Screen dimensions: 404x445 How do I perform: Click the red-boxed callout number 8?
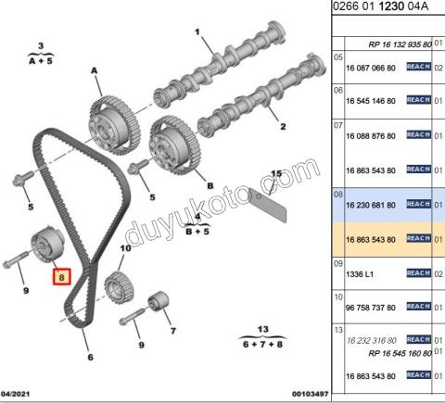point(62,276)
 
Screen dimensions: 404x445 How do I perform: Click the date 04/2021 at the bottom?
point(21,394)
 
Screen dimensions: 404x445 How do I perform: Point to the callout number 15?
point(275,173)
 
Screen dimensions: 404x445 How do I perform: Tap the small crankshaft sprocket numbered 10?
point(119,282)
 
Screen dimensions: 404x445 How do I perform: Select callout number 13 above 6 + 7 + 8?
point(262,329)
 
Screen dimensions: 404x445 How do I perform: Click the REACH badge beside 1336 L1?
point(418,273)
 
